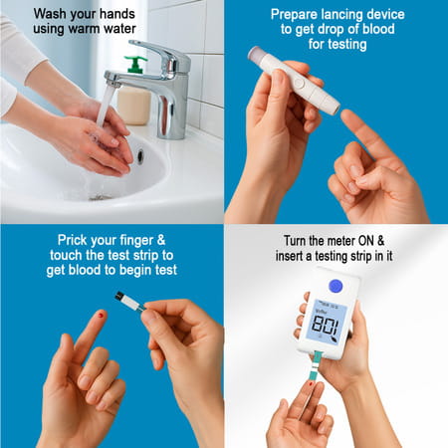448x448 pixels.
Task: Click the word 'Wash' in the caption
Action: click(x=52, y=15)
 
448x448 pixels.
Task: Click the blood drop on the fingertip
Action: click(x=102, y=316)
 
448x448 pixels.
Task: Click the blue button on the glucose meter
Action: click(x=335, y=286)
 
